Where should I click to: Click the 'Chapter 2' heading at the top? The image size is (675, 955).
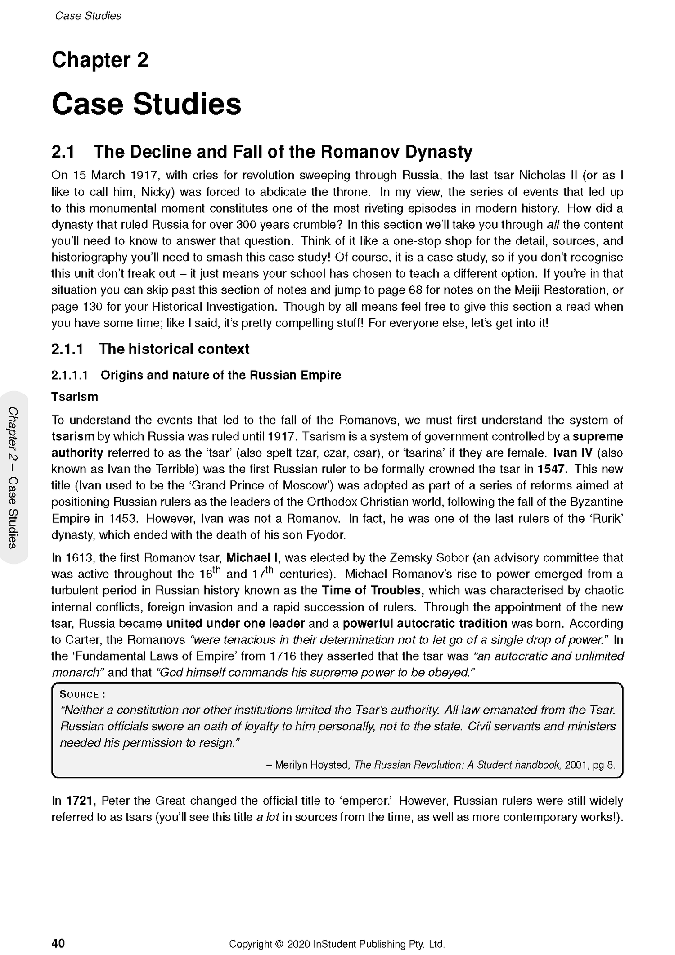click(100, 60)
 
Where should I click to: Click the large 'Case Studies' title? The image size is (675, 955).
click(146, 104)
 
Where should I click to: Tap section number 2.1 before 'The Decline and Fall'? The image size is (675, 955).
click(63, 152)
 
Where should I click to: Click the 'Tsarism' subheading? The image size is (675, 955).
click(74, 397)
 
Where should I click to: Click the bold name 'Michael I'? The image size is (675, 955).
click(253, 558)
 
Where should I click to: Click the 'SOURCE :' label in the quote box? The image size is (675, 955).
click(82, 694)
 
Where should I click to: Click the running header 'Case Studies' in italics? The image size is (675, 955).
click(88, 16)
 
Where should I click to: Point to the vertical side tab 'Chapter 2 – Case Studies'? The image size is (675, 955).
click(13, 477)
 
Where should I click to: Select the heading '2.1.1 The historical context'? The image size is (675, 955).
click(150, 349)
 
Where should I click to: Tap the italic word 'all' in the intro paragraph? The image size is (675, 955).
click(552, 225)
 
